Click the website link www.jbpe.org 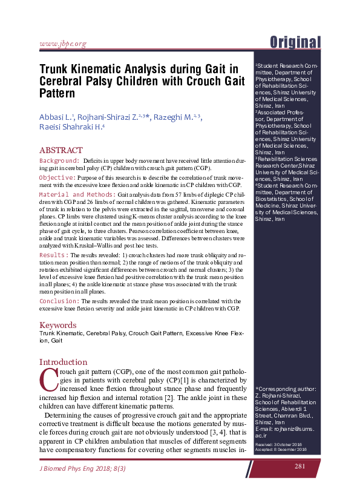click(62, 43)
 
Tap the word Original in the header click(295, 42)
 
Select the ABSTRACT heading click(61, 150)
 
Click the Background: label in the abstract click(59, 160)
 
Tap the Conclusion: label click(59, 301)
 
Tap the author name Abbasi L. click(56, 117)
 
